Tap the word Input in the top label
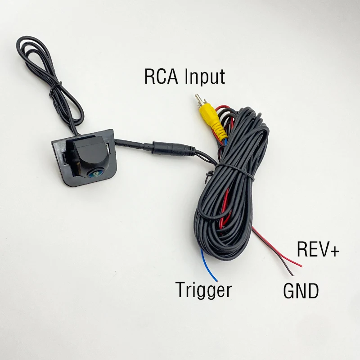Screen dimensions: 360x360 tap(205, 77)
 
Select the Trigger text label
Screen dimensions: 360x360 tap(203, 290)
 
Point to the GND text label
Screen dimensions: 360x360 tap(301, 291)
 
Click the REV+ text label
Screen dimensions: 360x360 tap(318, 249)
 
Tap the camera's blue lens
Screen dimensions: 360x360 tap(94, 174)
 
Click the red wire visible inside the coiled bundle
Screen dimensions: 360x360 tap(225, 207)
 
